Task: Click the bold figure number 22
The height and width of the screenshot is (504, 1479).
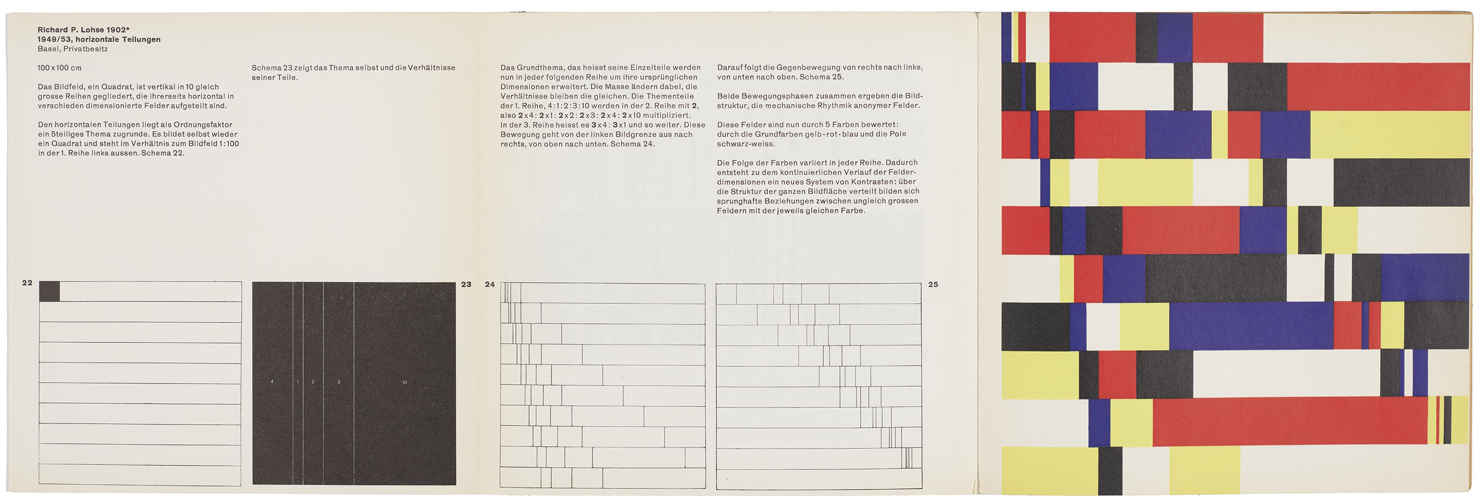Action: (x=27, y=283)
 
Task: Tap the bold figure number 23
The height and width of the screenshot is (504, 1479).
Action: (x=466, y=284)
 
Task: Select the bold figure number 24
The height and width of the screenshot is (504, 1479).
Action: (x=490, y=284)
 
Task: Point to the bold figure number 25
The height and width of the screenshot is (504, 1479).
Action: (x=933, y=284)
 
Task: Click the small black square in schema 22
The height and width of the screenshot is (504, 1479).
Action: (x=49, y=291)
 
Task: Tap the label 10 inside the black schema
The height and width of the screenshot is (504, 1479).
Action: (x=404, y=382)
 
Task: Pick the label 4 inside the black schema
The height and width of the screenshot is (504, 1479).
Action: (x=272, y=382)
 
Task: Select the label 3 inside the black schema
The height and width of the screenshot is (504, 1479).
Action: (x=339, y=382)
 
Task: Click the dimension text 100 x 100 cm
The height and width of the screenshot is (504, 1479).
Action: (x=60, y=68)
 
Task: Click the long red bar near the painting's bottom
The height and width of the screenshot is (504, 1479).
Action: (x=1289, y=421)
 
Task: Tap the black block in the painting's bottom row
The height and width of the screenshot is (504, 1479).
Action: (x=1110, y=470)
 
